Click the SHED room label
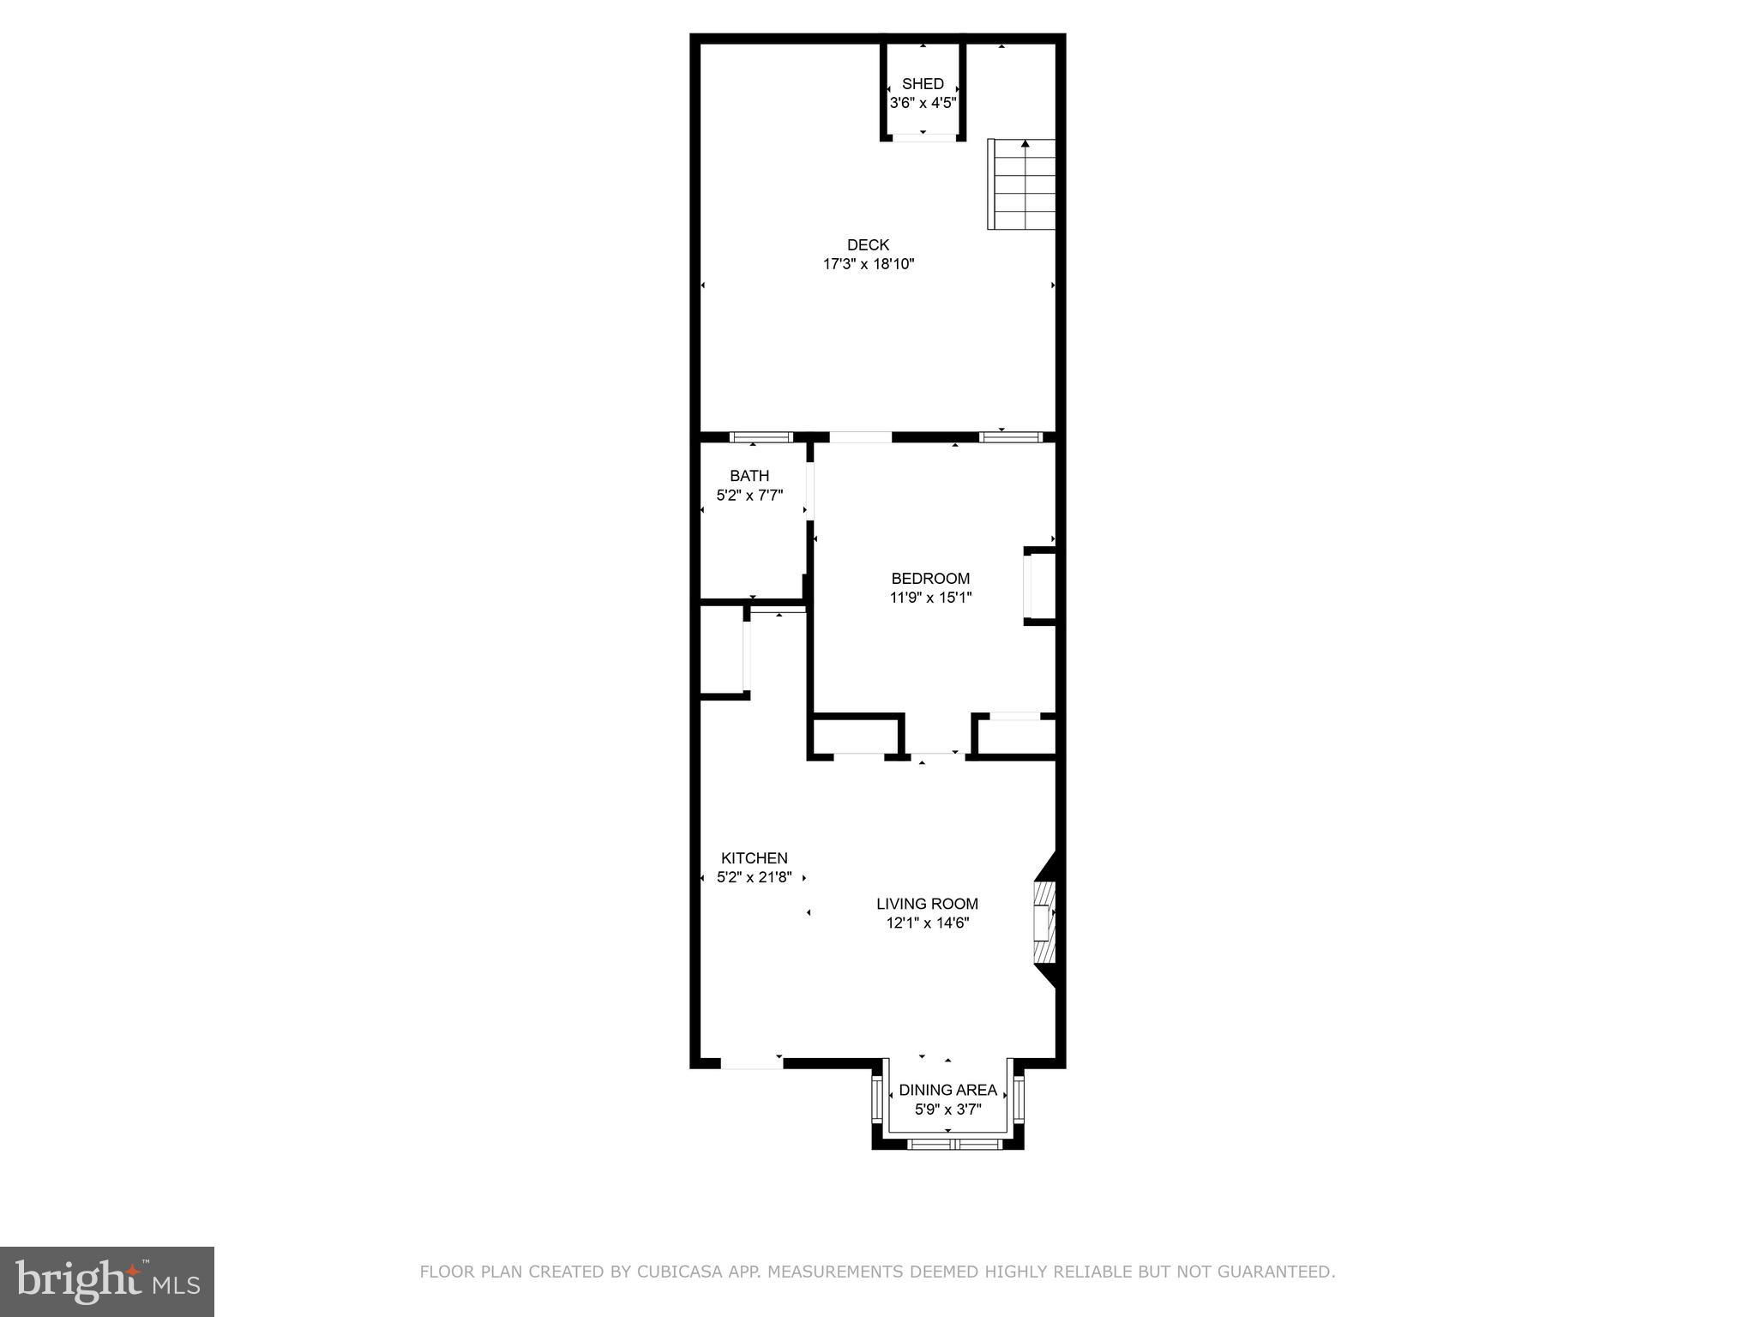(923, 84)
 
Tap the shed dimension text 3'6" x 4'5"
(923, 103)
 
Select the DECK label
(869, 245)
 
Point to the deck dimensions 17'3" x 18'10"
(869, 264)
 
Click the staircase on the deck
(1021, 184)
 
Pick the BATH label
(749, 476)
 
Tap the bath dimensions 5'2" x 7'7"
(749, 495)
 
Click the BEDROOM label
(930, 579)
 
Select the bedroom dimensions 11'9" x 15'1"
(930, 598)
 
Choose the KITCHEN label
(754, 858)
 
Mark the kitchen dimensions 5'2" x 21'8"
(754, 877)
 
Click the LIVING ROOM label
(927, 904)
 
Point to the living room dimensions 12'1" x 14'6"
(927, 923)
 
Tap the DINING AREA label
(947, 1091)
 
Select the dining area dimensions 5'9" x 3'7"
(947, 1110)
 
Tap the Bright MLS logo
(107, 1281)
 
